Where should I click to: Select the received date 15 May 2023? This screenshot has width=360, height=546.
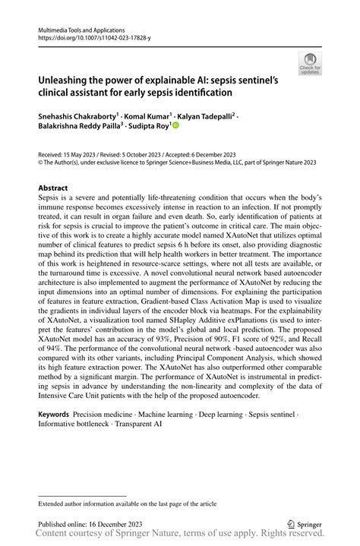pos(77,152)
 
